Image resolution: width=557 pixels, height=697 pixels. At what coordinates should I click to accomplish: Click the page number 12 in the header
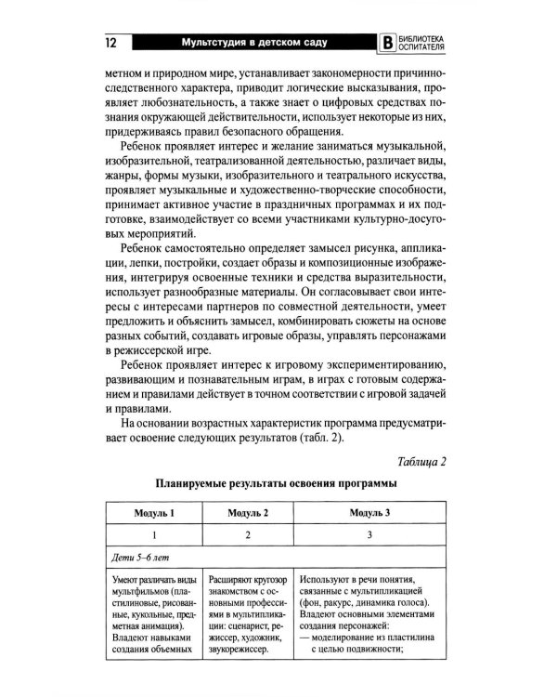[110, 43]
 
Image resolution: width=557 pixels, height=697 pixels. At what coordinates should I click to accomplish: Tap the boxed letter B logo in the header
[387, 44]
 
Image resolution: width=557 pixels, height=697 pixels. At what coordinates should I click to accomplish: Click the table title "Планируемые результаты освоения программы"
[278, 485]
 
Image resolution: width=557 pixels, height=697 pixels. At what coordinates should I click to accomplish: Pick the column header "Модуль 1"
[154, 513]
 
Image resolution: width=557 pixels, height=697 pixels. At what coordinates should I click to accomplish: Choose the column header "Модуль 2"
[247, 513]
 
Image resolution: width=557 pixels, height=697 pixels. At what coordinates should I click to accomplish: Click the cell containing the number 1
[154, 535]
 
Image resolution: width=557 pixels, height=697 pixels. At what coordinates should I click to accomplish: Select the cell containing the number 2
[247, 535]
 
